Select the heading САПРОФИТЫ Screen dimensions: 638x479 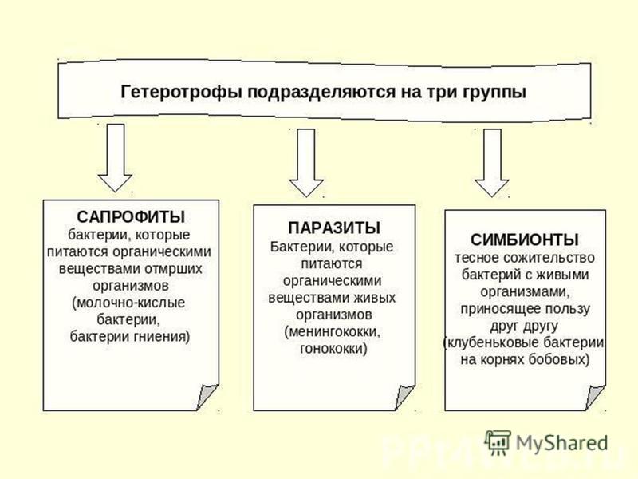tap(131, 216)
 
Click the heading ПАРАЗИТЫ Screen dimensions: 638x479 tap(334, 228)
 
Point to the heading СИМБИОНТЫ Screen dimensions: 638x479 tap(525, 239)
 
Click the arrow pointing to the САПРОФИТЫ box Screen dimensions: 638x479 tap(115, 157)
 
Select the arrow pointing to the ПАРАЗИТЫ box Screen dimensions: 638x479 tap(306, 163)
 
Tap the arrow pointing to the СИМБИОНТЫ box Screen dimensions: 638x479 tap(492, 163)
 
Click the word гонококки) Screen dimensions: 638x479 tap(333, 349)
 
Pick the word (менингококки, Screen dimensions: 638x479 tap(333, 332)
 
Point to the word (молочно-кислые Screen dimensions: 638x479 tap(128, 303)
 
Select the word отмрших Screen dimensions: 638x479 tap(174, 269)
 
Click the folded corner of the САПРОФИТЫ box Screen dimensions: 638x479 tap(207, 397)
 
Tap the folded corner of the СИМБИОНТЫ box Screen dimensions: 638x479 tap(594, 397)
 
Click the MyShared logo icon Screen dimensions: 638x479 tap(498, 442)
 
